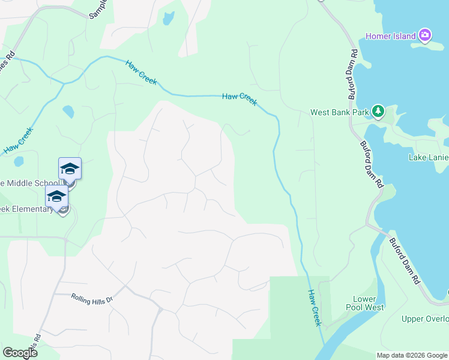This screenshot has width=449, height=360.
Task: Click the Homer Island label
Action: pyautogui.click(x=391, y=36)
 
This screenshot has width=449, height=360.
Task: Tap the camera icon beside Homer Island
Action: pyautogui.click(x=425, y=35)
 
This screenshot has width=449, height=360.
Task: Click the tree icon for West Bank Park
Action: pyautogui.click(x=378, y=111)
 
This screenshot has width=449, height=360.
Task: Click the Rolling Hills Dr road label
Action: pyautogui.click(x=92, y=298)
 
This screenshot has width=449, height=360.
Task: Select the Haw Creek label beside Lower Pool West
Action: pyautogui.click(x=315, y=308)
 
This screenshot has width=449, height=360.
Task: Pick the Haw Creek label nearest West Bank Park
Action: pyautogui.click(x=240, y=99)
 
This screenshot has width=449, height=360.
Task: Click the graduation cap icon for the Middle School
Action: pyautogui.click(x=70, y=169)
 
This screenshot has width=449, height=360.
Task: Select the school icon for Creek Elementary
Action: pyautogui.click(x=57, y=196)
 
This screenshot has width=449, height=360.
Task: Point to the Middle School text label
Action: pyautogui.click(x=30, y=183)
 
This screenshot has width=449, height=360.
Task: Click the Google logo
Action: pyautogui.click(x=20, y=353)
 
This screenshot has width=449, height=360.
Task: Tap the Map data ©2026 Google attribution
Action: pyautogui.click(x=411, y=355)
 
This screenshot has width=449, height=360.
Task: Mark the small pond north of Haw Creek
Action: pyautogui.click(x=168, y=19)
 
